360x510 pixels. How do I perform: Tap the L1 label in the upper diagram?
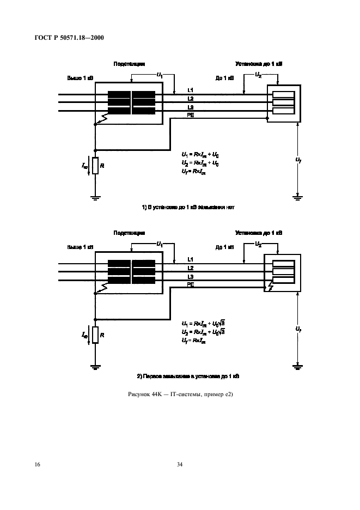[x=190, y=89]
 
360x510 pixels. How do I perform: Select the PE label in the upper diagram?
[x=190, y=116]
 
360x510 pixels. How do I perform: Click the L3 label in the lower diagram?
[x=190, y=276]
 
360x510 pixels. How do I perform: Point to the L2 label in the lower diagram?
[x=190, y=268]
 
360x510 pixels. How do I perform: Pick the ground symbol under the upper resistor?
[x=95, y=198]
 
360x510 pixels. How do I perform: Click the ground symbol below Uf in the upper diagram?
[x=297, y=196]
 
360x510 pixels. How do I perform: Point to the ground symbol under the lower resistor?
[x=95, y=367]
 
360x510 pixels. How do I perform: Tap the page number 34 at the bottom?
[x=180, y=464]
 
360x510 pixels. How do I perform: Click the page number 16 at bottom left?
[x=38, y=464]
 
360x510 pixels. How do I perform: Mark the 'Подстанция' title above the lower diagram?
[x=129, y=233]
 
